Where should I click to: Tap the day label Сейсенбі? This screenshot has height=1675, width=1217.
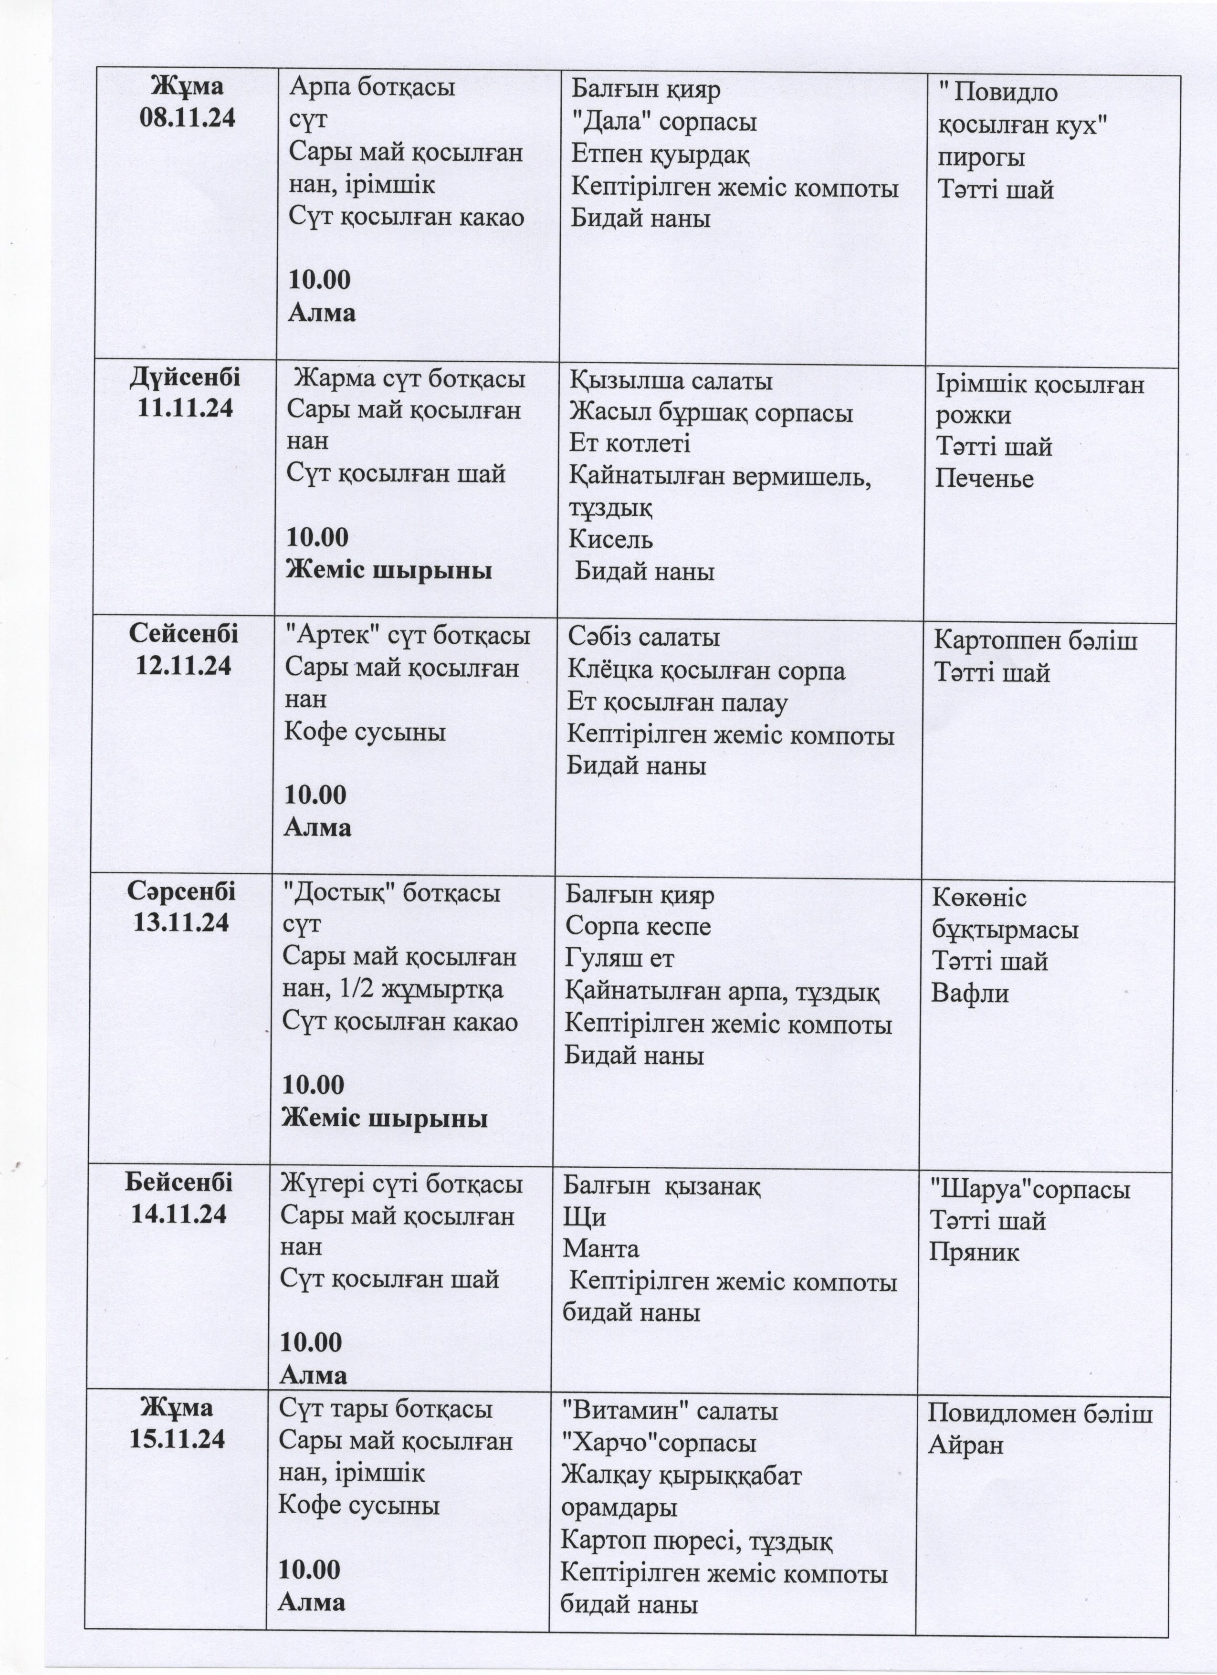tap(184, 634)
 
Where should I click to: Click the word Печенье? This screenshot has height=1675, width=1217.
tap(985, 479)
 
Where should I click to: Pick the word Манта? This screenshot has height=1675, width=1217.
tap(600, 1249)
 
